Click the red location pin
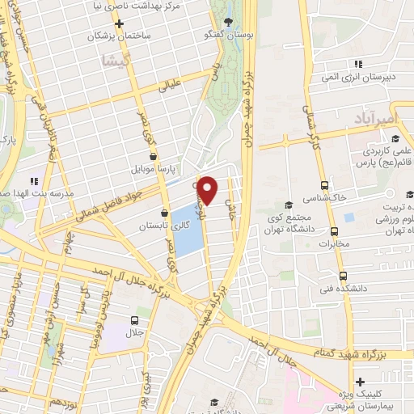pos(208,189)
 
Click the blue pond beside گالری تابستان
pos(186,230)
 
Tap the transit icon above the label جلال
pos(134,320)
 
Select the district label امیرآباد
pos(375,120)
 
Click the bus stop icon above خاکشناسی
pos(324,184)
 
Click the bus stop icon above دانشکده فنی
pos(343,276)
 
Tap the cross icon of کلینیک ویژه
pos(360,381)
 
